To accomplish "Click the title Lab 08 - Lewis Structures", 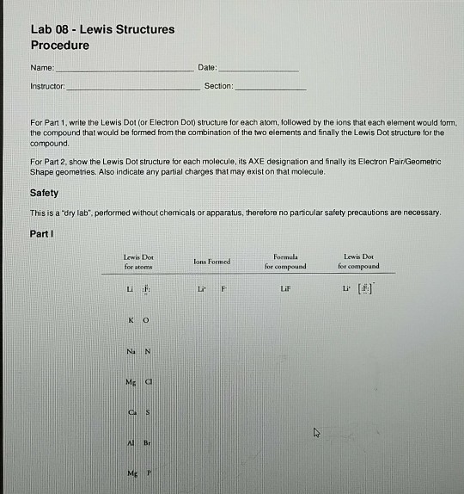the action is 102,29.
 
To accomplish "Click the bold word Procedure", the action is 60,45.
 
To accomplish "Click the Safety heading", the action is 45,193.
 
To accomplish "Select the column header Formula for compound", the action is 284,261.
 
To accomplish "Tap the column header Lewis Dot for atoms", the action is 137,261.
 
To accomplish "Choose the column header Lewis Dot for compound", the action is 358,261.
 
